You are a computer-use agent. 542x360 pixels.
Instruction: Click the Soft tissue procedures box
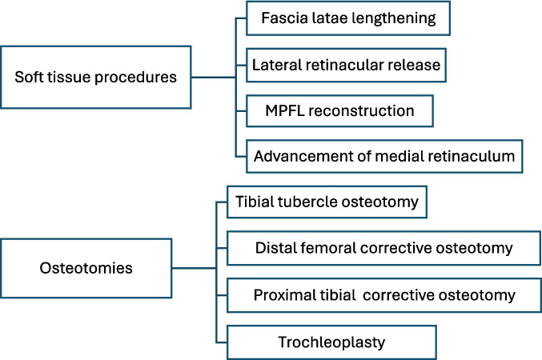[x=96, y=77]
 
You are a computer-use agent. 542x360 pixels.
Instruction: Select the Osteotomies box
[x=86, y=268]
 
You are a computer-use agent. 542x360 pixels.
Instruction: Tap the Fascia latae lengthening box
[x=348, y=18]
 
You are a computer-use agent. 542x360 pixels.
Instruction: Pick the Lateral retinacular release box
[x=346, y=65]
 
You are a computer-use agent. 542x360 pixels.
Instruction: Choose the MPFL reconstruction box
[x=339, y=111]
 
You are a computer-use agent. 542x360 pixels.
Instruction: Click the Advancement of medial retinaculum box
[x=384, y=156]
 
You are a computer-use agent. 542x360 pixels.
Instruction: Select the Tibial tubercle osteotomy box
[x=327, y=202]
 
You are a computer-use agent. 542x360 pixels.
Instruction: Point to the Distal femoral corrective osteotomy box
[x=383, y=248]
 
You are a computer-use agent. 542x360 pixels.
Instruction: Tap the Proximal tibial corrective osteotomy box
[x=383, y=295]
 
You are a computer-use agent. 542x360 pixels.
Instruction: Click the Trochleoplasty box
[x=331, y=342]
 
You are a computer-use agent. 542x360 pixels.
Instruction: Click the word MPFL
[x=285, y=111]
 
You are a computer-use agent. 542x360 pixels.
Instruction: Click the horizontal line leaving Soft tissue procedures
[x=214, y=78]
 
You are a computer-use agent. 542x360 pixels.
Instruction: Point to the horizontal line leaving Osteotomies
[x=195, y=268]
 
